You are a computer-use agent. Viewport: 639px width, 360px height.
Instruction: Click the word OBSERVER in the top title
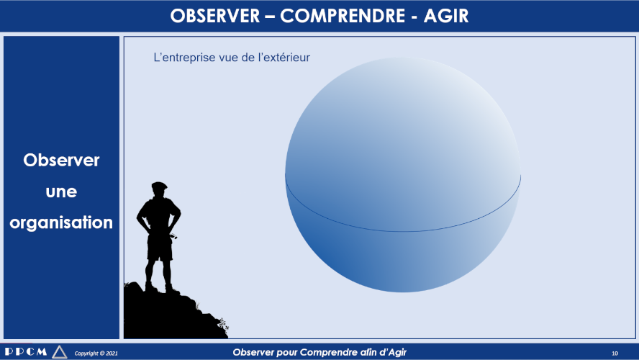(214, 16)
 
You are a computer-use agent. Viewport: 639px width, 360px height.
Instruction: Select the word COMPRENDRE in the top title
(343, 16)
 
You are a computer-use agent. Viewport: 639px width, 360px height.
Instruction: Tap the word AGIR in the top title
(446, 16)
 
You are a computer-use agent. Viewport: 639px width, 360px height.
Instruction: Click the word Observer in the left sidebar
(61, 161)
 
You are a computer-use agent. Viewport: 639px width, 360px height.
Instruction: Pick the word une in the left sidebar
(61, 192)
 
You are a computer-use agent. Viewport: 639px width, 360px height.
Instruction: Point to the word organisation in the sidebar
(61, 223)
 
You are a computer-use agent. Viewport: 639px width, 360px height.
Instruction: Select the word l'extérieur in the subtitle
(284, 57)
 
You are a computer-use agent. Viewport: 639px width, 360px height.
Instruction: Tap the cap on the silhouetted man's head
(159, 186)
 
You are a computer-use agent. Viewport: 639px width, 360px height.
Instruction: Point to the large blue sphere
(403, 174)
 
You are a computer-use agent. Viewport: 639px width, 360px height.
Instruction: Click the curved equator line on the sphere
(403, 231)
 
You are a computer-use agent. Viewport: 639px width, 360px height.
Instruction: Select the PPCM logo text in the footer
(26, 351)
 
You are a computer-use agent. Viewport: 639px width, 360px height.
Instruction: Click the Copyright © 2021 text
(96, 353)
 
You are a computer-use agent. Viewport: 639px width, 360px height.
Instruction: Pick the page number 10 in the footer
(615, 353)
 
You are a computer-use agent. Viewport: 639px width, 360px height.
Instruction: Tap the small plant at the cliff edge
(223, 325)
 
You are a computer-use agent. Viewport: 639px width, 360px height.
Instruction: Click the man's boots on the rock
(162, 289)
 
